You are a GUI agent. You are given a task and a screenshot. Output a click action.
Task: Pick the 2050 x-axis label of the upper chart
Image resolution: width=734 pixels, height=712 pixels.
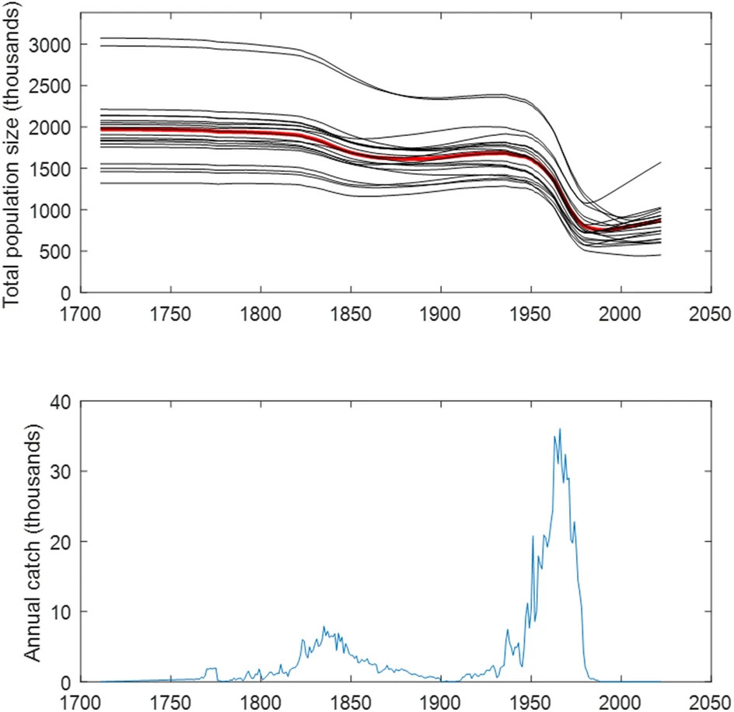[710, 316]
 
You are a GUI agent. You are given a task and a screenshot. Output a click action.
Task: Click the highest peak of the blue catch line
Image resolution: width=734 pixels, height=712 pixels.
[560, 429]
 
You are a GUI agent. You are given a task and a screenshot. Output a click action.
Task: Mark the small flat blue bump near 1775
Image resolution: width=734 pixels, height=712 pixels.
[211, 668]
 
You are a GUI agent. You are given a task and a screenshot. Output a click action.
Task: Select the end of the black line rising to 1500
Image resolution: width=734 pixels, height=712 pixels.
[660, 163]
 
